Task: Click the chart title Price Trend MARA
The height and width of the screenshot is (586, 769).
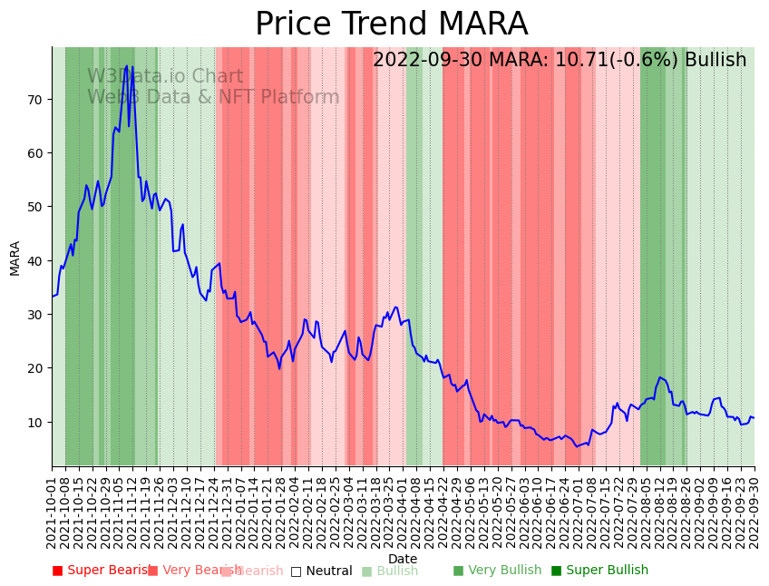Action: pos(391,24)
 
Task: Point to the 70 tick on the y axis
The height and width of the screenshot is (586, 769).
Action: pos(37,99)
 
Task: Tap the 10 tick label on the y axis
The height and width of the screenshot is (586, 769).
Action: pos(37,422)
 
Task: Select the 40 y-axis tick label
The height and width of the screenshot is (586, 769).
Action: pos(37,260)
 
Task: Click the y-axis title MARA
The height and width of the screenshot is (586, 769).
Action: pos(15,258)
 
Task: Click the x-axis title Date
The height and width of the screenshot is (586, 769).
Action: pos(403,559)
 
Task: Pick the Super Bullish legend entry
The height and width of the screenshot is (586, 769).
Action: pos(600,571)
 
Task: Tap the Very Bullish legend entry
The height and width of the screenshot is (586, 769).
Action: pos(497,571)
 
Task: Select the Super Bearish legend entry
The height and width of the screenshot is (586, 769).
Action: pos(102,571)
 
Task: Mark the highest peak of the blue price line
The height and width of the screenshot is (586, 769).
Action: pos(127,66)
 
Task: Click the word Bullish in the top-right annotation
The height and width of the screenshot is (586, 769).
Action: pos(715,61)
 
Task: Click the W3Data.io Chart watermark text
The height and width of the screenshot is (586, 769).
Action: pos(165,77)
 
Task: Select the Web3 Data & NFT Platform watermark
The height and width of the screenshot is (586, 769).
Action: pos(213,98)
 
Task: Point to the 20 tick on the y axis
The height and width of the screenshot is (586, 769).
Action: pos(37,367)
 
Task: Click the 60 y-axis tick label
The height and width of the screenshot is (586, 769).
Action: pos(37,152)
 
